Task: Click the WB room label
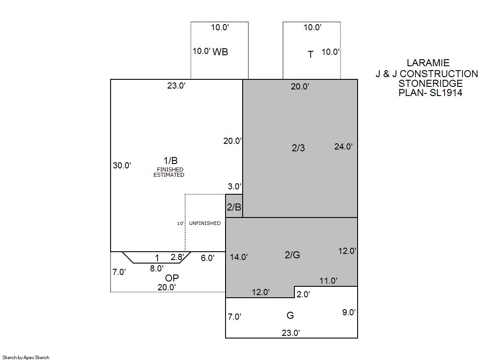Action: tap(220, 52)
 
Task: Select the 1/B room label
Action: tap(171, 160)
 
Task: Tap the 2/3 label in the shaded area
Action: tap(298, 148)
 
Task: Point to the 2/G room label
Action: tap(292, 255)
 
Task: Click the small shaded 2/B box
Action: tap(234, 206)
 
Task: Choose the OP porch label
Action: tap(172, 278)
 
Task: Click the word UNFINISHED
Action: tap(205, 223)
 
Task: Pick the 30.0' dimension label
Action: tap(122, 165)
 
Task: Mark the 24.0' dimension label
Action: tap(344, 146)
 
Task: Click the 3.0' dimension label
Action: tap(235, 186)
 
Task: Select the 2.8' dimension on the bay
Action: tap(177, 257)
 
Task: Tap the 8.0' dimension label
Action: tap(157, 268)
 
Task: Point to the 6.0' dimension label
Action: tap(207, 258)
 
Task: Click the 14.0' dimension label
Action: tap(239, 257)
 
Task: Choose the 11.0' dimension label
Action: tap(328, 281)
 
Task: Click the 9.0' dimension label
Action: tap(349, 312)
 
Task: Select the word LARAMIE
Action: tap(428, 63)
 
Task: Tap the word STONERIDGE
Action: tap(430, 84)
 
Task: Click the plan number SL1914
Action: tap(446, 93)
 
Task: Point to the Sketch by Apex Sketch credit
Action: tap(26, 357)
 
